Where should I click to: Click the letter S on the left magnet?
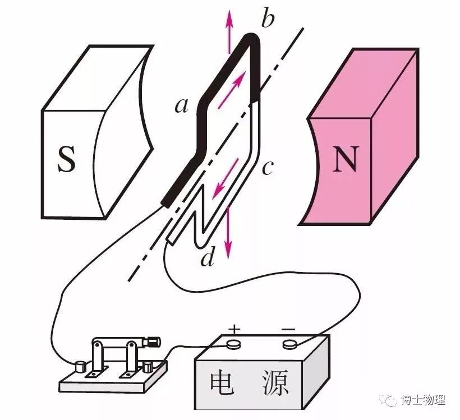click(x=66, y=159)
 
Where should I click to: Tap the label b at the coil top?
click(x=268, y=20)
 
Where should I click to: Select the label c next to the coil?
click(x=268, y=167)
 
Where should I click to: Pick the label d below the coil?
click(x=208, y=259)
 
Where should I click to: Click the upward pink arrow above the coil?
click(x=229, y=25)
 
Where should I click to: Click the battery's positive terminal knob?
click(x=233, y=343)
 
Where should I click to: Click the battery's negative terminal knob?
click(x=290, y=343)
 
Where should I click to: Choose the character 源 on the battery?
click(x=275, y=383)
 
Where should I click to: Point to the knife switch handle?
click(x=152, y=340)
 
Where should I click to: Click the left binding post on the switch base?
click(x=81, y=367)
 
